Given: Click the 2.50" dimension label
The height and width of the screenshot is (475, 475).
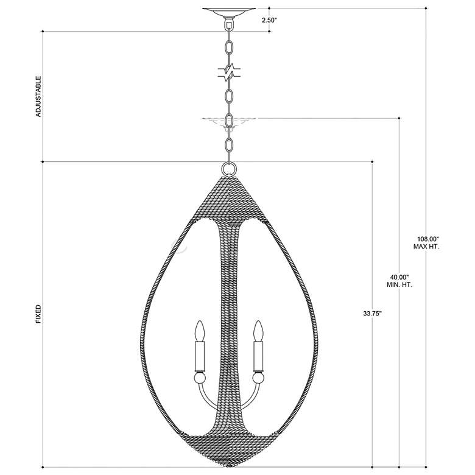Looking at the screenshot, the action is pos(269,20).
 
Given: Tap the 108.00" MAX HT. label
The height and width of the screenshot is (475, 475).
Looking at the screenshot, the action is pos(426,242).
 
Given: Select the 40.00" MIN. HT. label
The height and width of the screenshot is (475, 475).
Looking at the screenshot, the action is pos(399,281).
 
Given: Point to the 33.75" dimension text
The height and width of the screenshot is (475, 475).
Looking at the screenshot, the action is pos(372,314).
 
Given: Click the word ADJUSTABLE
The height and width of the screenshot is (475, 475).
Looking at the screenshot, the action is pos(38,96).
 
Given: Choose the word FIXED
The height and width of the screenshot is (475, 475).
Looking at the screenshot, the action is pos(38,314).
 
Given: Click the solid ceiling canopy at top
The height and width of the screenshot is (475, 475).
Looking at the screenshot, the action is pos(229,12).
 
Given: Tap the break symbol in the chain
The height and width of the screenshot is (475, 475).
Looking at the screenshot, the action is pos(230,72).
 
